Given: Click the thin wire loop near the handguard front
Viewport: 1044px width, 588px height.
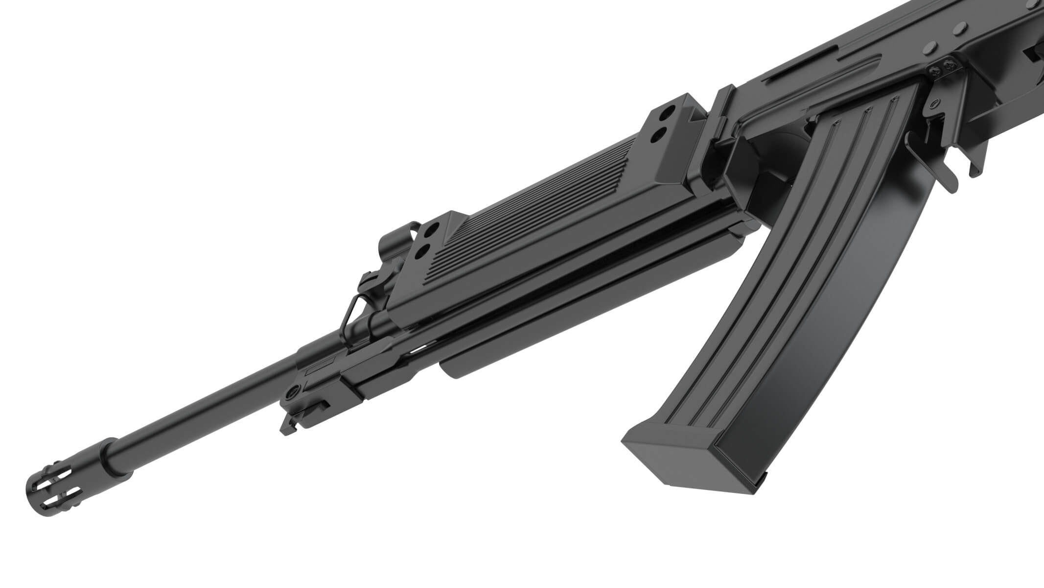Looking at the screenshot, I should pos(351,314).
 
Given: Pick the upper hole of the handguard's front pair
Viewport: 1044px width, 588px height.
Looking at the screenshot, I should pos(433,230).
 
